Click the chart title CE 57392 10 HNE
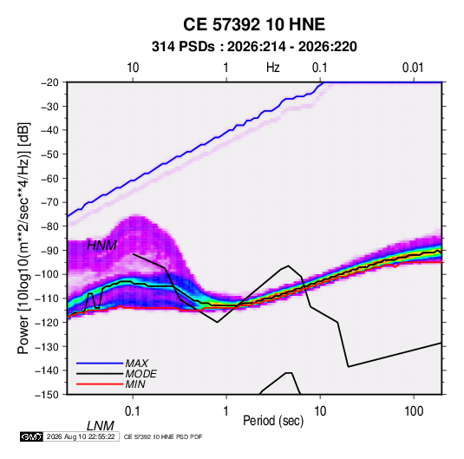click(254, 24)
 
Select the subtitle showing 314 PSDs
click(254, 47)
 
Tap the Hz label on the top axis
click(272, 68)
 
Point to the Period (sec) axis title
click(273, 421)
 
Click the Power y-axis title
click(23, 239)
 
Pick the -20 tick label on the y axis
click(49, 82)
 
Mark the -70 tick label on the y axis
click(49, 202)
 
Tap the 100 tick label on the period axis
click(414, 411)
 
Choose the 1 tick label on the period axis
click(226, 411)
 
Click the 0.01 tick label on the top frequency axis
click(413, 68)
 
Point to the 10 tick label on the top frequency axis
click(133, 68)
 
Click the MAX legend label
click(137, 364)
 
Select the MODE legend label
click(141, 374)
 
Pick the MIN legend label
click(135, 384)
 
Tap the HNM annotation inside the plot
click(101, 246)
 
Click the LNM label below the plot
click(101, 426)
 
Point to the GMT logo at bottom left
click(32, 436)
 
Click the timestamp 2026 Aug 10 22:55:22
click(81, 436)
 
